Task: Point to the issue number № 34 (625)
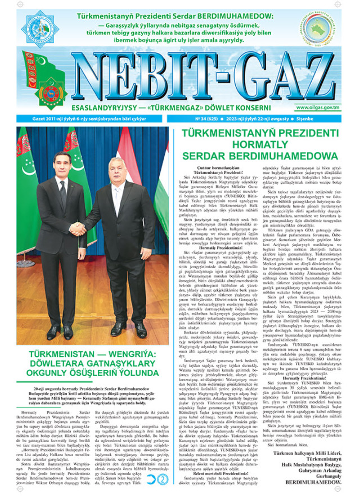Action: pyautogui.click(x=208, y=118)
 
